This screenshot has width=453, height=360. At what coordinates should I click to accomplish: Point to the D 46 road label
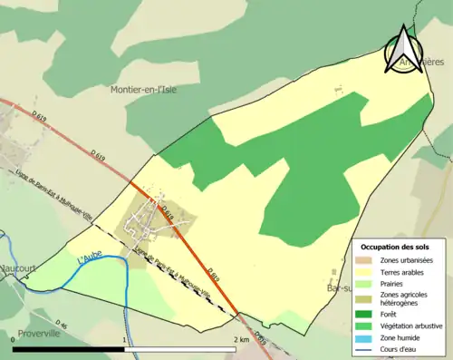pos(61,324)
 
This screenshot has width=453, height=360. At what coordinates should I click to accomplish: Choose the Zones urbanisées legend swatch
pos(367,260)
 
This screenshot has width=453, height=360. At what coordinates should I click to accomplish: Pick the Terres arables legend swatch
pos(367,272)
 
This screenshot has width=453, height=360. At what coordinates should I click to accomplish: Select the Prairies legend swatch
pos(367,284)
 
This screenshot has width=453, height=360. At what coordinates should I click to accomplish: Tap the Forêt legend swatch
pos(367,315)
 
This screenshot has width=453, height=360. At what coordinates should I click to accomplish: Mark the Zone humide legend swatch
pos(367,337)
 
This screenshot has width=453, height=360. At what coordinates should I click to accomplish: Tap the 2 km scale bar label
pos(240,340)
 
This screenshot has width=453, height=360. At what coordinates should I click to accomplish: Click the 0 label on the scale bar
pos(13,340)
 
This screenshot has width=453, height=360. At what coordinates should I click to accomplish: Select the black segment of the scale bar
pos(69,349)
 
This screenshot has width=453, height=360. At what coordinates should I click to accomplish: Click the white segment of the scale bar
pos(181,349)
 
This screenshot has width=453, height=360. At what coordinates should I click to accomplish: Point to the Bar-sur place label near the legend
pos(339,287)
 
